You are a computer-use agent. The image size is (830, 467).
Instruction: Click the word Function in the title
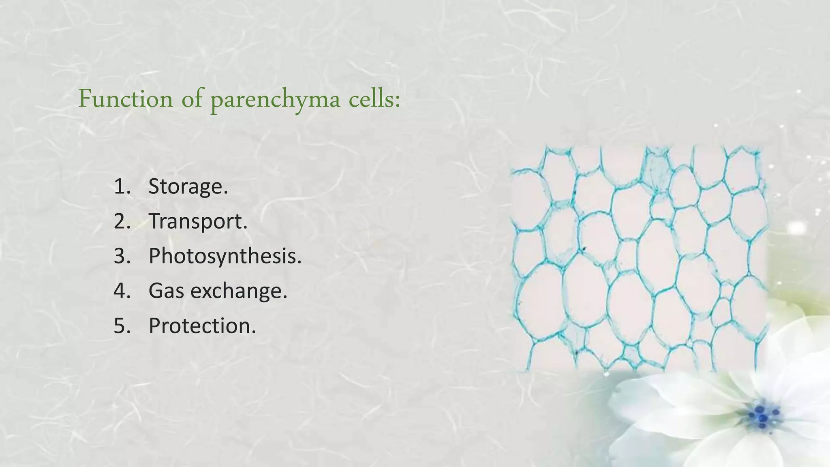126,99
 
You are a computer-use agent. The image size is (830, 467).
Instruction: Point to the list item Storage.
188,186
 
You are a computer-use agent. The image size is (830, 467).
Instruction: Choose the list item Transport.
198,222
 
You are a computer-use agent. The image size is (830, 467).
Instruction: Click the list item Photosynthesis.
225,256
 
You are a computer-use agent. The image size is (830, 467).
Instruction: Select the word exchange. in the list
239,291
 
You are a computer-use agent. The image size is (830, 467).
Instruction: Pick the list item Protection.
202,326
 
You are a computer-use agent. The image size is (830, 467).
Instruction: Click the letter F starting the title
85,99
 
